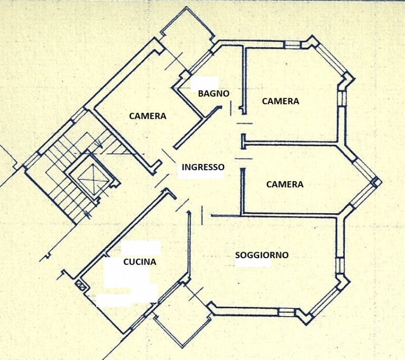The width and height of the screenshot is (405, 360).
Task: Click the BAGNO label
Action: coord(213,93)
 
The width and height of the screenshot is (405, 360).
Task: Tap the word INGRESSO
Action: coord(202,167)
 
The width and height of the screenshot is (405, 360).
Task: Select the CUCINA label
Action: coord(140,262)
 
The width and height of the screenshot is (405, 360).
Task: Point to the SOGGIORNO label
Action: coord(262,255)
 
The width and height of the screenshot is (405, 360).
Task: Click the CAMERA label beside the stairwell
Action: coord(147,116)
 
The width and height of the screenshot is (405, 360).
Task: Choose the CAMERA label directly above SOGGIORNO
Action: coord(285,184)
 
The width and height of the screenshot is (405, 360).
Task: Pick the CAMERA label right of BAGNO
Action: coord(280,101)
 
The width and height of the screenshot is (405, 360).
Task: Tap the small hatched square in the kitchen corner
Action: coord(79,285)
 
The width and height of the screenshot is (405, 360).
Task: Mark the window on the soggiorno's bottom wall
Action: coord(287,312)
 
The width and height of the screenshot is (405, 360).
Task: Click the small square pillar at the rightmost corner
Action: coord(376,182)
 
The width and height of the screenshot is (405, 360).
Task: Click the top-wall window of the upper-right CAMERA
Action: coord(292,45)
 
